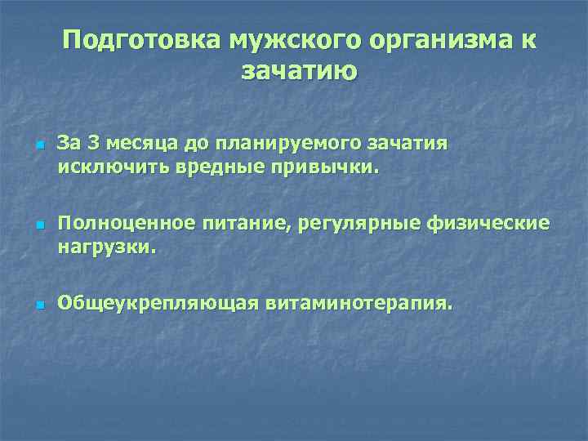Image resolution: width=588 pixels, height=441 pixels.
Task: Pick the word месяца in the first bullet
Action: tap(139, 145)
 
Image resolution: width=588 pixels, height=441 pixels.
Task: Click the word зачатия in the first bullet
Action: tap(405, 145)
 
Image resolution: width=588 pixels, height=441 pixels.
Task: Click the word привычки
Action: tap(310, 168)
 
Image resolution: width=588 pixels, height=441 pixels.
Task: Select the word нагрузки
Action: tap(104, 247)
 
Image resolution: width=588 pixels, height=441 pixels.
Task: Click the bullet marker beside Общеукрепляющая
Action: tap(38, 304)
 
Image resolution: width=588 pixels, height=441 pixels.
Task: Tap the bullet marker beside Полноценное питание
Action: tap(38, 224)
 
